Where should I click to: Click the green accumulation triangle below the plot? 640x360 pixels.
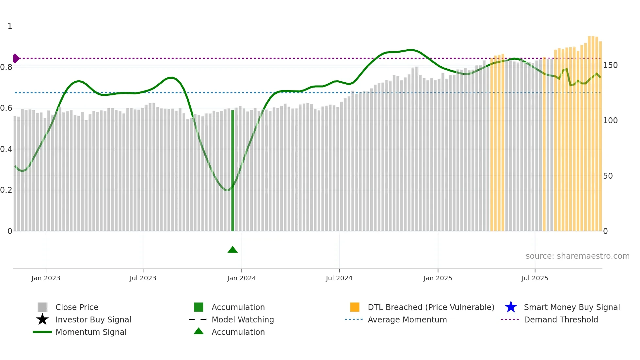tap(232, 250)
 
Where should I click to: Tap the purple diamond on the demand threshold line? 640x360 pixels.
tap(16, 58)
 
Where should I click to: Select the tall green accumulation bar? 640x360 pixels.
tap(232, 170)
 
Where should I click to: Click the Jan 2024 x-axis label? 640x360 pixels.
tap(241, 278)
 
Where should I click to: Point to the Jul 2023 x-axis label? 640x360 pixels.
tap(143, 278)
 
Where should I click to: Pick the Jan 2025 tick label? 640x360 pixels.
tap(438, 278)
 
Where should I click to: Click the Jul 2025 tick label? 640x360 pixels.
tap(535, 278)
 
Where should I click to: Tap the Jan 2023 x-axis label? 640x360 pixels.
tap(46, 278)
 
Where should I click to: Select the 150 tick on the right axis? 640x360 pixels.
tap(610, 65)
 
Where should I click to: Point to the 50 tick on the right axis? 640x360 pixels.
tap(608, 176)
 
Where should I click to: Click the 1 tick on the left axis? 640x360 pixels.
tap(10, 26)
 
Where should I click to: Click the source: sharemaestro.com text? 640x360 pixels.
tap(577, 256)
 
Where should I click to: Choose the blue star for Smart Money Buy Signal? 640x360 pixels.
tap(511, 307)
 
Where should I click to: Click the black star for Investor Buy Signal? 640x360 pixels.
tap(42, 319)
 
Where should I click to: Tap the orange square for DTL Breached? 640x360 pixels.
tap(355, 307)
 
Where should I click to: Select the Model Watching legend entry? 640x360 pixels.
tap(243, 319)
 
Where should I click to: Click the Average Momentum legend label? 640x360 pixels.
tap(407, 319)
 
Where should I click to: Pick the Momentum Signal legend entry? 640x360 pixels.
tap(91, 332)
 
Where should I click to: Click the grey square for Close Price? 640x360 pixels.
tap(42, 307)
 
